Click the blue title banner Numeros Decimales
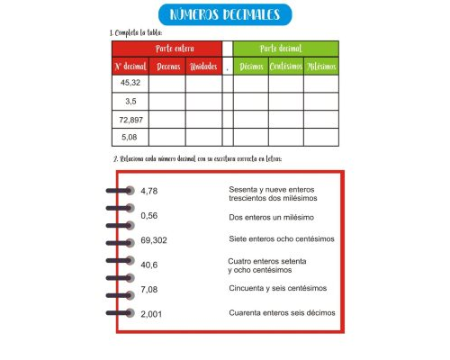[224, 15]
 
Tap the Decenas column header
[166, 67]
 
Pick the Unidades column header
[203, 67]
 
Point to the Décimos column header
[251, 67]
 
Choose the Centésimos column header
[285, 67]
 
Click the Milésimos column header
[321, 67]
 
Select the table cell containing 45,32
[130, 84]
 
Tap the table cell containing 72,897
[130, 120]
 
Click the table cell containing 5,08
[130, 138]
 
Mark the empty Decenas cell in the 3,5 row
[166, 102]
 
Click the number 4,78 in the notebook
[149, 191]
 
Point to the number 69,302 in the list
[154, 240]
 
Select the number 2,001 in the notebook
[151, 313]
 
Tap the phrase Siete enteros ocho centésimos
[281, 238]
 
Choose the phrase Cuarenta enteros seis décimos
[282, 312]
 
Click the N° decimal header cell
[130, 67]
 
